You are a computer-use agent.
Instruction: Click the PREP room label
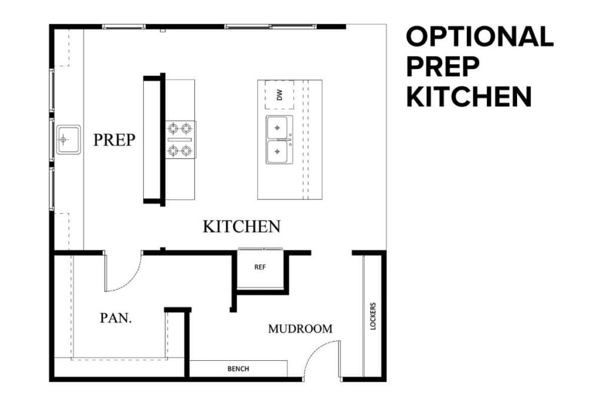pyautogui.click(x=114, y=139)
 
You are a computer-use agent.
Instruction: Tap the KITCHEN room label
pyautogui.click(x=241, y=227)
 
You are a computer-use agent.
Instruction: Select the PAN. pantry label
pyautogui.click(x=116, y=318)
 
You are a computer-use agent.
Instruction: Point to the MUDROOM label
pyautogui.click(x=300, y=329)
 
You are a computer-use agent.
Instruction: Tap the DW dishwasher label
pyautogui.click(x=280, y=95)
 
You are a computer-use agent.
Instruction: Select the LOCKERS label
pyautogui.click(x=373, y=317)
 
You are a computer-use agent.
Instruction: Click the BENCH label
pyautogui.click(x=238, y=369)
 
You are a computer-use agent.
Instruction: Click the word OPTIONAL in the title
pyautogui.click(x=479, y=36)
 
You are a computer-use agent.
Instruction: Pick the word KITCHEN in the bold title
pyautogui.click(x=469, y=97)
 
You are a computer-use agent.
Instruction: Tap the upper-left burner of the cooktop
pyautogui.click(x=174, y=127)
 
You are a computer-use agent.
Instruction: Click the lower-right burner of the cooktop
pyautogui.click(x=187, y=151)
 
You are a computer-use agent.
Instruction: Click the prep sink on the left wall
pyautogui.click(x=68, y=139)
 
